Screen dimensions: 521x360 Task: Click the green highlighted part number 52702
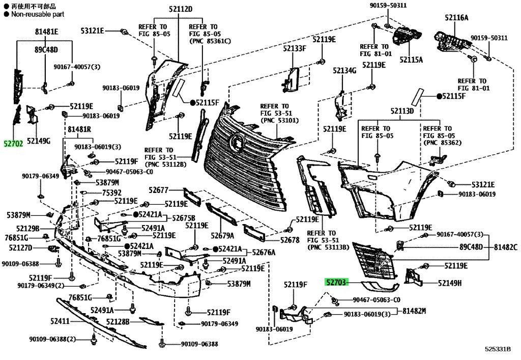pyautogui.click(x=13, y=144)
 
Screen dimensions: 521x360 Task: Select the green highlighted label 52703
pyautogui.click(x=336, y=283)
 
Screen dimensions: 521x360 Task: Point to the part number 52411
pyautogui.click(x=60, y=321)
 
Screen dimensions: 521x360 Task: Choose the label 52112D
pyautogui.click(x=181, y=9)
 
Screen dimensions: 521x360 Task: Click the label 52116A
pyautogui.click(x=457, y=17)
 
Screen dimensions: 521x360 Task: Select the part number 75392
pyautogui.click(x=111, y=193)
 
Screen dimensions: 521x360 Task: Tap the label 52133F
pyautogui.click(x=295, y=48)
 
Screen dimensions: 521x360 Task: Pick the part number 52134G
pyautogui.click(x=344, y=70)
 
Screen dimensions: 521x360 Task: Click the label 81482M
pyautogui.click(x=414, y=311)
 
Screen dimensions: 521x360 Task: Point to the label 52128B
pyautogui.click(x=118, y=321)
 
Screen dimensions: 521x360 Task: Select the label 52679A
pyautogui.click(x=222, y=236)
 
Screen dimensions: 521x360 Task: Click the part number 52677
pyautogui.click(x=159, y=190)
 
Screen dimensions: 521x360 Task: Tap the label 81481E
pyautogui.click(x=46, y=32)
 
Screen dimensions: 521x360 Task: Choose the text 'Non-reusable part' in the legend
pyautogui.click(x=38, y=14)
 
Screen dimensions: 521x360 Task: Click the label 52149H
pyautogui.click(x=450, y=283)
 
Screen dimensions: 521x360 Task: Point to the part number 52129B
pyautogui.click(x=27, y=228)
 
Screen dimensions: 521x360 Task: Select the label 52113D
pyautogui.click(x=402, y=110)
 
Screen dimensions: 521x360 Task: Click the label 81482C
pyautogui.click(x=505, y=247)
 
